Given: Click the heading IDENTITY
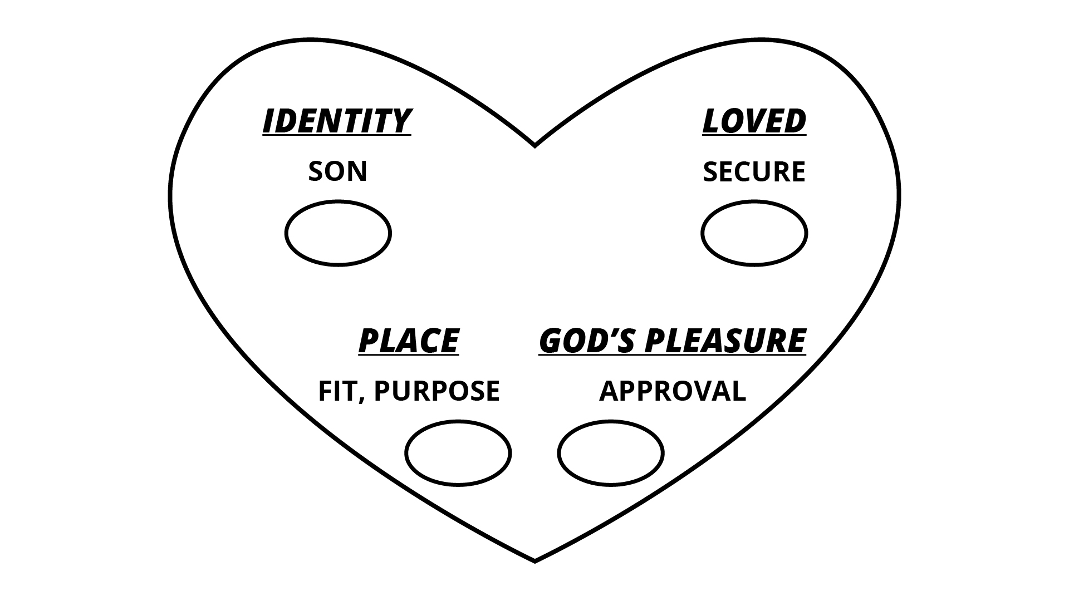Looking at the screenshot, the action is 337,121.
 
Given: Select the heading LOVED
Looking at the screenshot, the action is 754,121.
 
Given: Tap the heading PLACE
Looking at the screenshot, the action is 409,340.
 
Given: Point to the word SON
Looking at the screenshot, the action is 337,171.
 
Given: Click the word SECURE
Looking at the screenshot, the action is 754,171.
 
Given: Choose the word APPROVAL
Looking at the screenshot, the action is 672,391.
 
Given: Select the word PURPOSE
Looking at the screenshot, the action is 437,391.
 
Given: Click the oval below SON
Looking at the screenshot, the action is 338,233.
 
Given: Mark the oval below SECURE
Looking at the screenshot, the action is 754,233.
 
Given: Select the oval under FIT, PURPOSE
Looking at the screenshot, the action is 458,453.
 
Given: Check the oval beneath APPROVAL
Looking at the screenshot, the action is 611,453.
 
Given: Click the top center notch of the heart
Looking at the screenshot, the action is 534,146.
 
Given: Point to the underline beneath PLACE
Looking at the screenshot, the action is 409,354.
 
